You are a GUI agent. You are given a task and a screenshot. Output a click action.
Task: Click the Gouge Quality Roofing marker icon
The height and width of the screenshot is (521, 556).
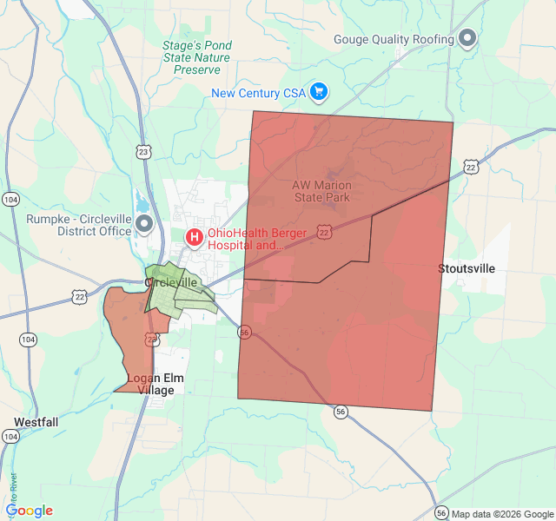tap(467, 39)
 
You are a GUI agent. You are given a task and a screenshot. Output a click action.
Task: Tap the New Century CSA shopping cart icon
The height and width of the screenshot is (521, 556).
tap(319, 91)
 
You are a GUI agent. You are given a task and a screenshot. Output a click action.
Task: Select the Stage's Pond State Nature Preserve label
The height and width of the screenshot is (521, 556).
tap(196, 56)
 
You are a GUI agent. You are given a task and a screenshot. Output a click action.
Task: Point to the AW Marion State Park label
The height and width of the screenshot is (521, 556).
tap(321, 191)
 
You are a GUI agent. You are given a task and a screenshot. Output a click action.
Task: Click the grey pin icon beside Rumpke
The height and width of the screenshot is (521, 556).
tap(144, 225)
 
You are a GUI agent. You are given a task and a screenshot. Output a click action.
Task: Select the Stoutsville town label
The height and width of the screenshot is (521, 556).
tap(467, 268)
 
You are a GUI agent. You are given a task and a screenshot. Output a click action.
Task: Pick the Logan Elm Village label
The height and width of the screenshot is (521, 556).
tap(156, 384)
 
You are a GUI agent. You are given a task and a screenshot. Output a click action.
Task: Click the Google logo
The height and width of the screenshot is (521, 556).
tap(29, 511)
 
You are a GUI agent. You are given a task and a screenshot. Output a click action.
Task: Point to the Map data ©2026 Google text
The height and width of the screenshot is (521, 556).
tap(502, 514)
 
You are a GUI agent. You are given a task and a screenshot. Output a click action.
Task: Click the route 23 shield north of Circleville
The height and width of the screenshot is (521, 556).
tap(143, 152)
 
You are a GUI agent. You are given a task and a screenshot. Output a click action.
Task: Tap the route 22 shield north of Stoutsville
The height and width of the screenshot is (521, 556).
tap(471, 166)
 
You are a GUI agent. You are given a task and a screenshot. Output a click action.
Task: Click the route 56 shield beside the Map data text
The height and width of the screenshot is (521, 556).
tap(441, 513)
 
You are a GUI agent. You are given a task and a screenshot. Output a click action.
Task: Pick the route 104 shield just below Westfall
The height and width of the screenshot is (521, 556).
tap(10, 437)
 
